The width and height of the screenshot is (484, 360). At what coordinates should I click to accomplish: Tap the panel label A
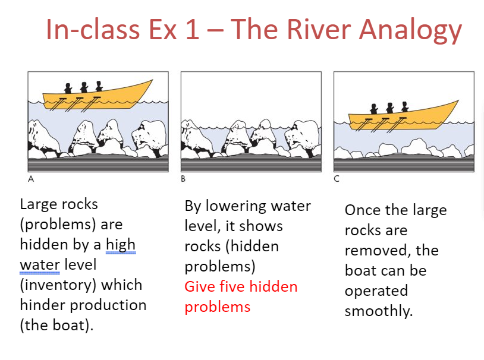pos(30,178)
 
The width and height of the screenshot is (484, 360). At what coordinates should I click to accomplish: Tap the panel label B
pos(183,178)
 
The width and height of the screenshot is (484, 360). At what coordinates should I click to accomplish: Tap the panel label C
pos(336,178)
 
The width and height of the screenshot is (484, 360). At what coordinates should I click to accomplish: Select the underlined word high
pos(121,245)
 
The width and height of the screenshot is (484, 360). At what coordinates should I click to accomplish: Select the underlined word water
pos(39,264)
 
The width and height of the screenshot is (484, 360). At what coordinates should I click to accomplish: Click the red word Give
pos(200,287)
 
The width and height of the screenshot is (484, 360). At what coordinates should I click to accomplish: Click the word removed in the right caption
pos(375,250)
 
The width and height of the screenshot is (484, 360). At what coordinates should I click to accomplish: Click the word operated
pos(376,290)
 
